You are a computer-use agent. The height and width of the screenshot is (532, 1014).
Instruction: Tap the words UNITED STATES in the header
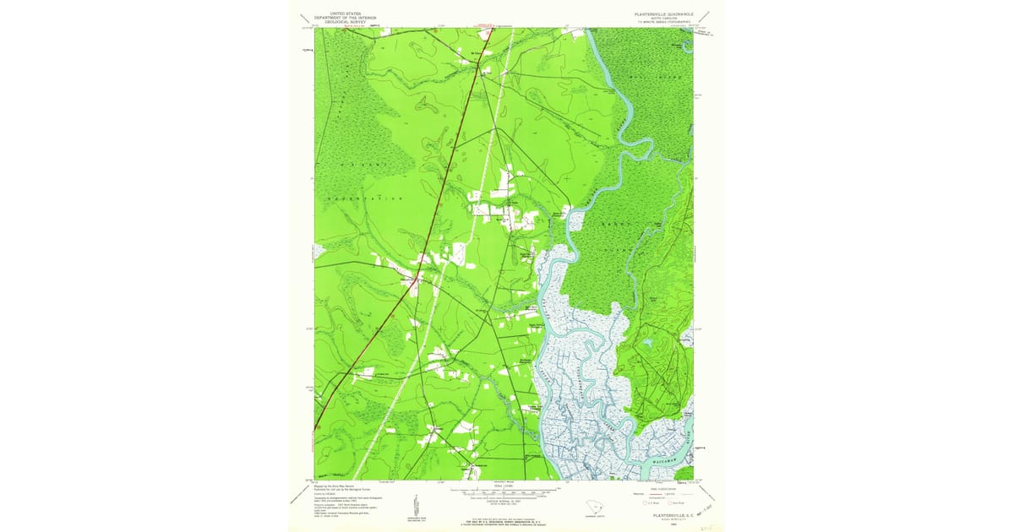(x=344, y=13)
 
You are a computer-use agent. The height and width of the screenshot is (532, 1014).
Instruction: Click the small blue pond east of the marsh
(x=647, y=343)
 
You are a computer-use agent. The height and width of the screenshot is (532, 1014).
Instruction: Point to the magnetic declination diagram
(x=416, y=502)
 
